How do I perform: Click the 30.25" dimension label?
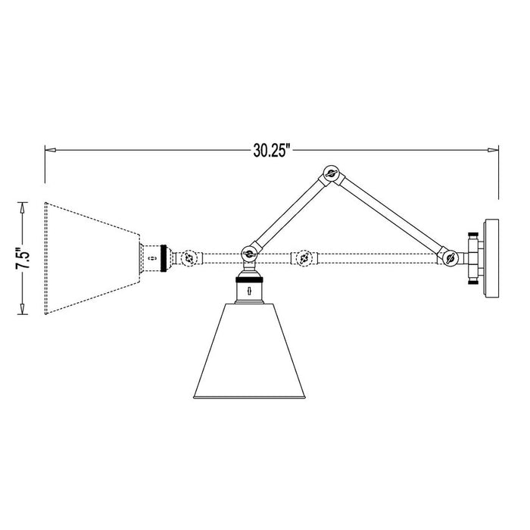272,150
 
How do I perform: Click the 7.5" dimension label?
23,257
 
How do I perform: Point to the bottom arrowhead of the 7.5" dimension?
23,310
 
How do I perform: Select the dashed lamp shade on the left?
91,257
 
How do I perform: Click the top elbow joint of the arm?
330,175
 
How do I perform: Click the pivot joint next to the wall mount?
450,257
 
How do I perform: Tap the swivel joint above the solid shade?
247,255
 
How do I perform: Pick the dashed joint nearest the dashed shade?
189,257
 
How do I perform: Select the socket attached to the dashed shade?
154,257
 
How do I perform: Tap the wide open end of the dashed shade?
47,257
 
